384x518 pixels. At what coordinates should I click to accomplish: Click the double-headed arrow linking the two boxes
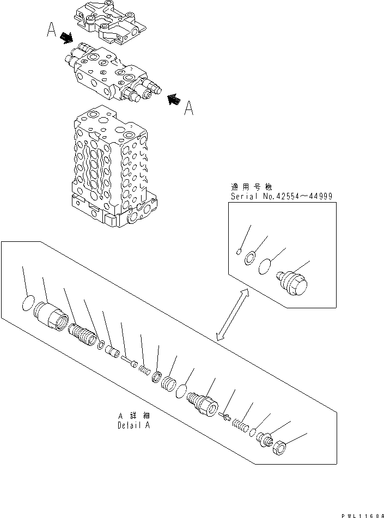[232, 315]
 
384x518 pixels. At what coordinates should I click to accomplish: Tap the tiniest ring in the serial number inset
[240, 251]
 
